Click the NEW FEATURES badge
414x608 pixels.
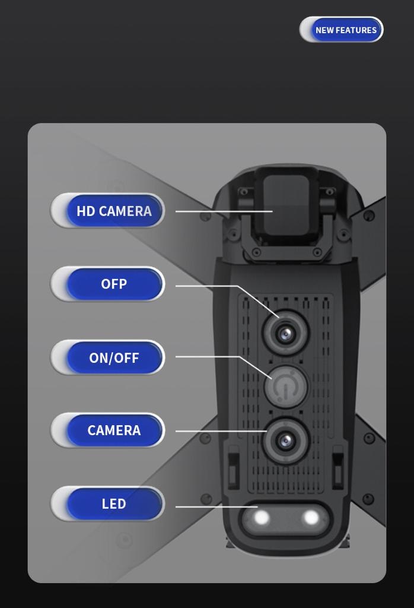341,30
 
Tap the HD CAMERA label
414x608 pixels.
108,211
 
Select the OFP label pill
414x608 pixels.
108,284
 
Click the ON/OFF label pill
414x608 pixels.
108,357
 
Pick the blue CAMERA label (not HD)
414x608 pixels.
108,430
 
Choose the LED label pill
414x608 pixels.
108,503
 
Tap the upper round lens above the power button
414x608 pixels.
286,332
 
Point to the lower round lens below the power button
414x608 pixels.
286,441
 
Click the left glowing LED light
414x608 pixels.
262,518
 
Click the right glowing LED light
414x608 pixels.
311,517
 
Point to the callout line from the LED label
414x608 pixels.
216,507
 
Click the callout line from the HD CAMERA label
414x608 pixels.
224,211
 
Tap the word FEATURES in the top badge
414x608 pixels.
356,30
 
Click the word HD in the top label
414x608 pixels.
85,211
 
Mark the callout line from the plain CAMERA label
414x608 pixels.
221,431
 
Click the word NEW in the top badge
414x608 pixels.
324,30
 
